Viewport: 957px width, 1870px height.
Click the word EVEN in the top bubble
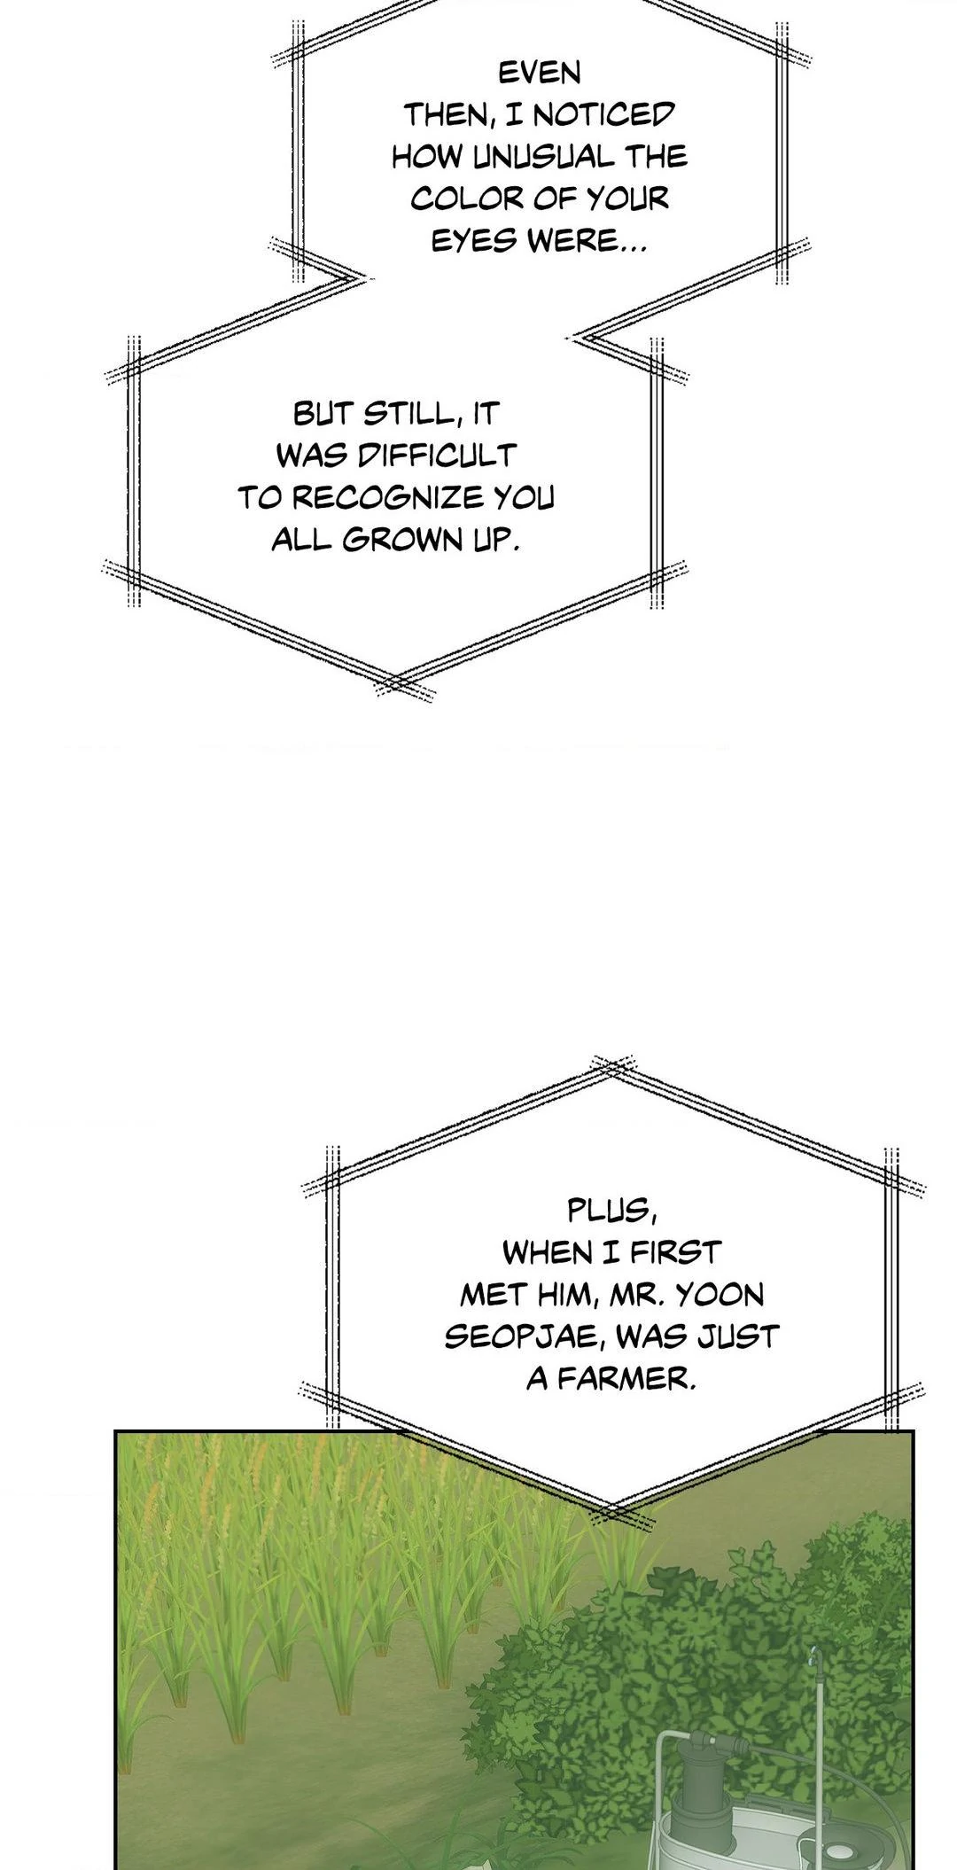tap(539, 73)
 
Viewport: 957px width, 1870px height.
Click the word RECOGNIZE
tap(388, 497)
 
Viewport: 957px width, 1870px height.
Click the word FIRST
tap(675, 1252)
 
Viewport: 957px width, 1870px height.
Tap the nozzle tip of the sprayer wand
tap(813, 1650)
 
